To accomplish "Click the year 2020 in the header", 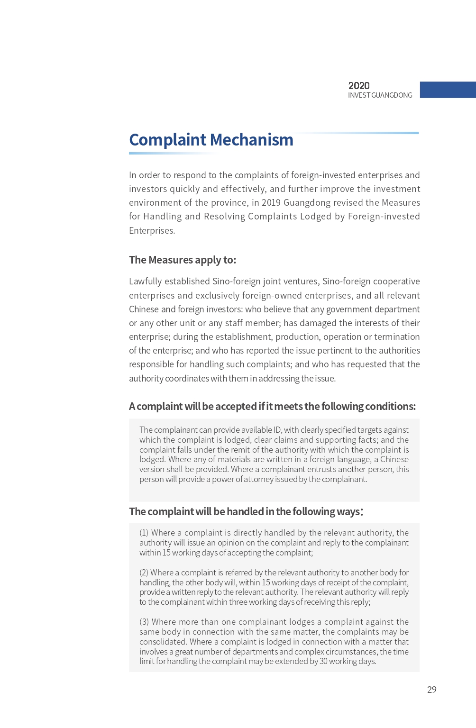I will (359, 86).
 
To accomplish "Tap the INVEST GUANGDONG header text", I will (380, 95).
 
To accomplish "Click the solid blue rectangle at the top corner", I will (448, 90).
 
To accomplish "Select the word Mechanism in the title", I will (251, 140).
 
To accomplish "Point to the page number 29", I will (431, 690).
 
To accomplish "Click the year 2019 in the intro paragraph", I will (271, 203).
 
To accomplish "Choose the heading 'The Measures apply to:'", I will (183, 260).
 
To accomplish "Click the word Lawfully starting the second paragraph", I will (146, 282).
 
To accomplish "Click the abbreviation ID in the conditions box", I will (277, 430).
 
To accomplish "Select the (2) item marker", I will (144, 573).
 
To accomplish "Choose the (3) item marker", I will (144, 622).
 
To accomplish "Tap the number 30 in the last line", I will (324, 661).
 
